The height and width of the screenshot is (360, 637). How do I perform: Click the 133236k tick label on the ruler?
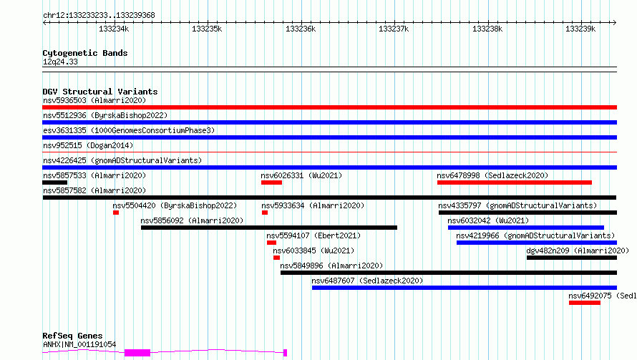click(x=301, y=29)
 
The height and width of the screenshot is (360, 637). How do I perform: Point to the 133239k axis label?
click(x=580, y=29)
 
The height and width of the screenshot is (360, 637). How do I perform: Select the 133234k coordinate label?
click(x=114, y=29)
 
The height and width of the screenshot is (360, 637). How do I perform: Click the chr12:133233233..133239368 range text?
click(x=99, y=15)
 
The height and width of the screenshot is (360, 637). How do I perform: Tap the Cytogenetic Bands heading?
click(x=85, y=53)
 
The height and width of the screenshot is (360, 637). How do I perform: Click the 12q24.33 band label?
click(x=60, y=62)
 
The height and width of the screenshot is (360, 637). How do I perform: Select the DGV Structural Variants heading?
click(x=100, y=92)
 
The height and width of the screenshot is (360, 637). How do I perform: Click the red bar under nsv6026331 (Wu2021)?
click(x=271, y=183)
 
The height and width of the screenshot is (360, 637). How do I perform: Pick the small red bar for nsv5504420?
click(x=116, y=213)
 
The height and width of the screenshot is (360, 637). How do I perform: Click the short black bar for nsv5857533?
click(x=55, y=183)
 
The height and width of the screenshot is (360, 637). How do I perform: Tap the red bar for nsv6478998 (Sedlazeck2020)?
click(x=515, y=183)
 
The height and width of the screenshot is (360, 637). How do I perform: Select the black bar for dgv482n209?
click(x=572, y=258)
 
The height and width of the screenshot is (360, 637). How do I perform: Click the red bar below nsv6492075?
click(x=585, y=303)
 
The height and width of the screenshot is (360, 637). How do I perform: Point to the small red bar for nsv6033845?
click(x=277, y=258)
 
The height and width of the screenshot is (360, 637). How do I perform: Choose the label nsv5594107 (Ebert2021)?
click(x=313, y=235)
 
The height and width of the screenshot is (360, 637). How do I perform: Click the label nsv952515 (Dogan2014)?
click(x=88, y=145)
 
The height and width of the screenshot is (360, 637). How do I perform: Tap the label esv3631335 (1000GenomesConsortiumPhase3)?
click(x=129, y=130)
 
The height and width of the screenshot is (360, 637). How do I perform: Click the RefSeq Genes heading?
click(x=72, y=336)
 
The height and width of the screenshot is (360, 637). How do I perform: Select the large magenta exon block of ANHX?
click(x=137, y=353)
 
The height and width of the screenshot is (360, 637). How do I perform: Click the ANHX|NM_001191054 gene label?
click(x=79, y=344)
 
